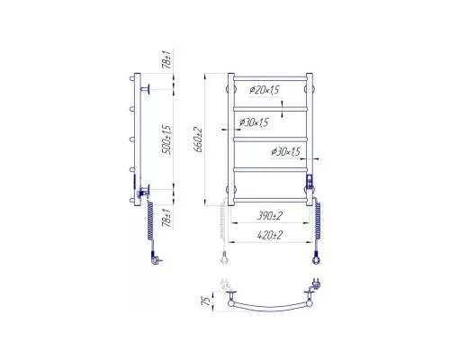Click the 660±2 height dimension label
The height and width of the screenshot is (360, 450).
[x=199, y=140]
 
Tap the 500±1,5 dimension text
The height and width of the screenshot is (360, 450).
[x=167, y=139]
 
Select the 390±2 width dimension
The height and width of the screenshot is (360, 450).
[x=269, y=216]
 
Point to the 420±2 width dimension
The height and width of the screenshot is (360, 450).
[x=270, y=235]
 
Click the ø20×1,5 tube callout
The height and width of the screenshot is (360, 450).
[x=265, y=90]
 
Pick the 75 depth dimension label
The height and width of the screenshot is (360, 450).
[x=206, y=301]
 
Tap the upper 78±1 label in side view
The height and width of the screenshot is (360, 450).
[x=166, y=59]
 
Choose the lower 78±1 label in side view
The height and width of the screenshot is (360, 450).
[x=167, y=218]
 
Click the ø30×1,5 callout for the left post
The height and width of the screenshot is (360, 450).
[x=254, y=122]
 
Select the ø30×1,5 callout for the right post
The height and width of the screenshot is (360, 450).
[x=285, y=152]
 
